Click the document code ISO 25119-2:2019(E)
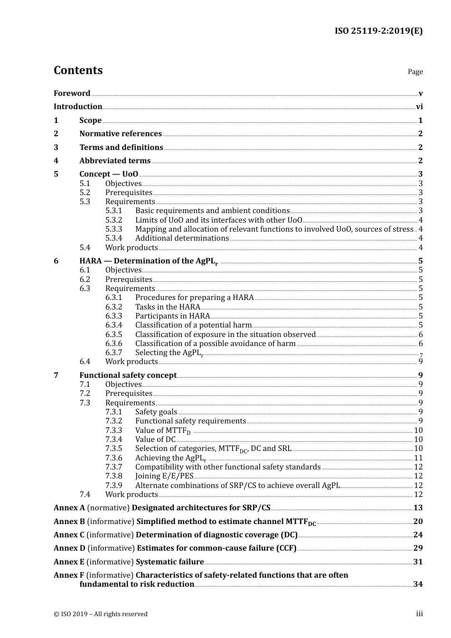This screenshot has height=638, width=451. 378,31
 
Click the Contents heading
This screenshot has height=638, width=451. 78,70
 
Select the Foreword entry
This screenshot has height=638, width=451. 72,94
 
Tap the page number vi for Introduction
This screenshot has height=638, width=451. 419,107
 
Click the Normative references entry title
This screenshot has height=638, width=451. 121,134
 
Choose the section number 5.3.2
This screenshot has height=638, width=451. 113,220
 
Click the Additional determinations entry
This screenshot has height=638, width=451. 182,238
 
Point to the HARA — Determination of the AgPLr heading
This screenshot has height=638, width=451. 149,261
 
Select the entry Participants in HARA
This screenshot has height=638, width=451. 172,316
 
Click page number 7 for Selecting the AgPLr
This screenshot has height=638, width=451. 421,355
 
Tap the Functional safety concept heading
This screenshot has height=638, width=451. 128,375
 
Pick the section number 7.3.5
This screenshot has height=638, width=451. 113,449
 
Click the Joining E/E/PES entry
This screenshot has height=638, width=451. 164,476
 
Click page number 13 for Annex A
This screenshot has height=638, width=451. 418,508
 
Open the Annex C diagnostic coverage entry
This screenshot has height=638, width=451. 216,535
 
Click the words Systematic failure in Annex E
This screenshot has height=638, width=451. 170,562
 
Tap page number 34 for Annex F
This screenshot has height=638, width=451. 418,584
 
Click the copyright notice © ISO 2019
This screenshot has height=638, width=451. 100,614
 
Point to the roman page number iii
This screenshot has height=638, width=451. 419,614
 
